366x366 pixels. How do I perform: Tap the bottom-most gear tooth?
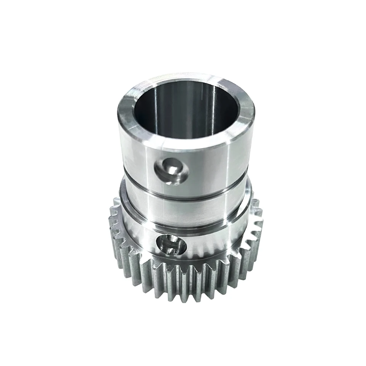coord(179,295)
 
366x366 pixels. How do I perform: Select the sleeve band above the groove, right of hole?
coord(213,168)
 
